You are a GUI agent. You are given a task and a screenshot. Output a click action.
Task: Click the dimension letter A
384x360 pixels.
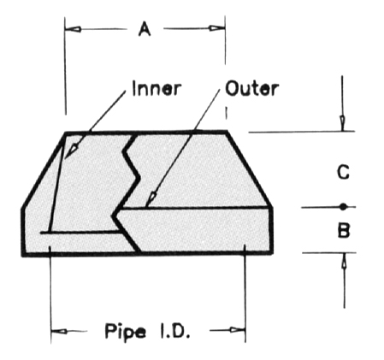[145, 29]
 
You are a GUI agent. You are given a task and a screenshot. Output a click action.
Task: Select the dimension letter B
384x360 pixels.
[344, 230]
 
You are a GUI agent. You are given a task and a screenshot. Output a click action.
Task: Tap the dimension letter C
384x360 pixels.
[343, 172]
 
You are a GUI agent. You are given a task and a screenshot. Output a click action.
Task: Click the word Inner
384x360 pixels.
[157, 88]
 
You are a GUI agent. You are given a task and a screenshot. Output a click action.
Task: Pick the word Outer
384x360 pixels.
[251, 88]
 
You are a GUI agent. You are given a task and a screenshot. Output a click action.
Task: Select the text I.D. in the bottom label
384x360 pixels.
[175, 330]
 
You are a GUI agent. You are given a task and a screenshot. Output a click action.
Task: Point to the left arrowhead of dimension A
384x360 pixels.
[73, 29]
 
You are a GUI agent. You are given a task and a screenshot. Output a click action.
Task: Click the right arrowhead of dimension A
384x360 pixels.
[217, 28]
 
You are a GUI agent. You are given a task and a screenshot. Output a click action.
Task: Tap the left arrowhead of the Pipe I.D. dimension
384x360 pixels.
[59, 331]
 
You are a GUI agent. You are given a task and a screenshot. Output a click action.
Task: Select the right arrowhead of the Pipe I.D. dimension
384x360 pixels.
[238, 330]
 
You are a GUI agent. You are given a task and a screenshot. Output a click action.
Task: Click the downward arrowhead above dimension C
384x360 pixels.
[342, 123]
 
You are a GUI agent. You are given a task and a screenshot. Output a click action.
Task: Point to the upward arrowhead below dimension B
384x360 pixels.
[344, 260]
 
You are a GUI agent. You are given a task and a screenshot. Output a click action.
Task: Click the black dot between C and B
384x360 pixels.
[344, 207]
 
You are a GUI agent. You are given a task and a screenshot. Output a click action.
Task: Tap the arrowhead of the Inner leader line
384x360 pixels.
[71, 150]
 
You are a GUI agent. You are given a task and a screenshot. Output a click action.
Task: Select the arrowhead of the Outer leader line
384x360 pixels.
[151, 199]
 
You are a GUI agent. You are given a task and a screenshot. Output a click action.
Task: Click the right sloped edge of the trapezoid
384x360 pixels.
[249, 169]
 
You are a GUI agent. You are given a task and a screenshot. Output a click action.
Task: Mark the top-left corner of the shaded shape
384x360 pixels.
[66, 133]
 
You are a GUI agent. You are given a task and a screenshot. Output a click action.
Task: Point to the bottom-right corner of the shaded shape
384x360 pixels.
[272, 253]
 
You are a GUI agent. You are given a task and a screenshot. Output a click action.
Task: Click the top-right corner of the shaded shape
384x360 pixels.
[227, 132]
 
